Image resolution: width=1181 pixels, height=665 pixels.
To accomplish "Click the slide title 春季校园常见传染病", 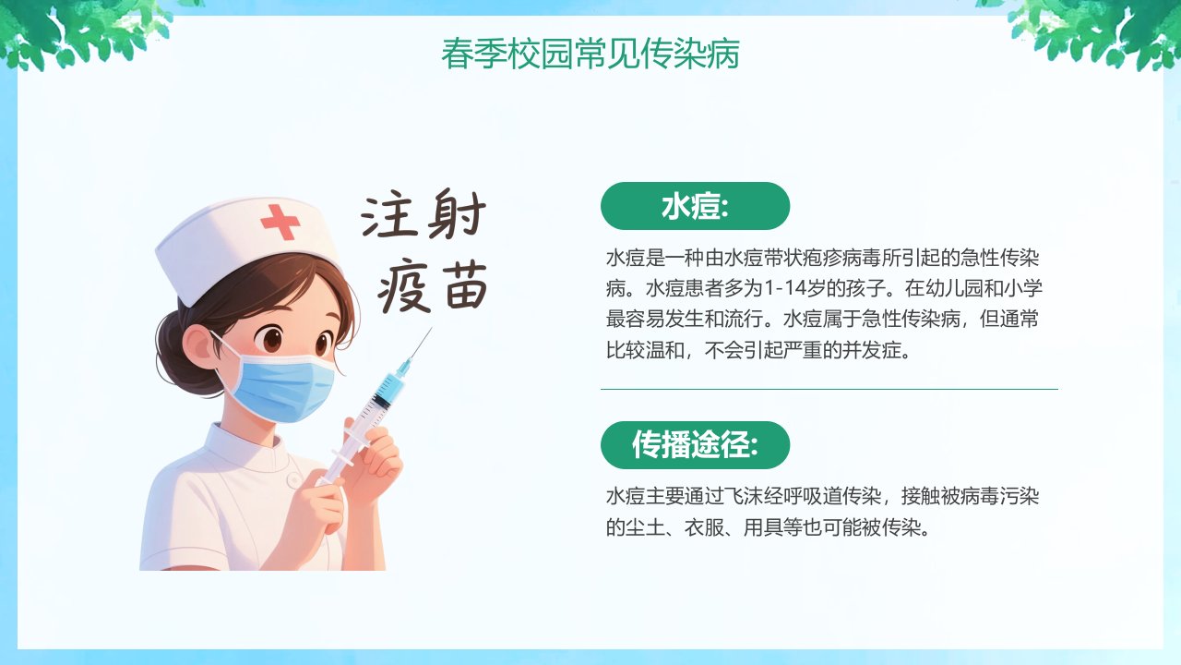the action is click(x=590, y=54).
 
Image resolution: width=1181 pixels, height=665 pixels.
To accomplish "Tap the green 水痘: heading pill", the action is click(x=695, y=206).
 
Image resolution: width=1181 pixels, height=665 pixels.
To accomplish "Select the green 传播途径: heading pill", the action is click(x=695, y=445).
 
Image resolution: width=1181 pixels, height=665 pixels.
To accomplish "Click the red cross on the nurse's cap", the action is click(x=280, y=222).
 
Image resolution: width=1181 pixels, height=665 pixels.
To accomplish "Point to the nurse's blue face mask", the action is click(x=282, y=385).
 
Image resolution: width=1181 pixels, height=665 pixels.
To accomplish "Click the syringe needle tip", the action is click(x=431, y=328).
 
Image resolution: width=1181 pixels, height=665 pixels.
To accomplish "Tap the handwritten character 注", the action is click(x=388, y=215).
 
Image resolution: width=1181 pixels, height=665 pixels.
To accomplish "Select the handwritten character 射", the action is click(x=457, y=213).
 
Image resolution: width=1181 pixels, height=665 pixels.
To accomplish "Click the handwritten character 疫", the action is click(x=403, y=285).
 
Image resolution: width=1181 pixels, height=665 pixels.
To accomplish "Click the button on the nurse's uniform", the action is click(x=293, y=479).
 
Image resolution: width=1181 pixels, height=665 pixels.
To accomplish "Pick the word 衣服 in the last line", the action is click(x=704, y=526).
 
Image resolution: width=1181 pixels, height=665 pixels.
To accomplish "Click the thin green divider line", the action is click(x=829, y=389).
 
